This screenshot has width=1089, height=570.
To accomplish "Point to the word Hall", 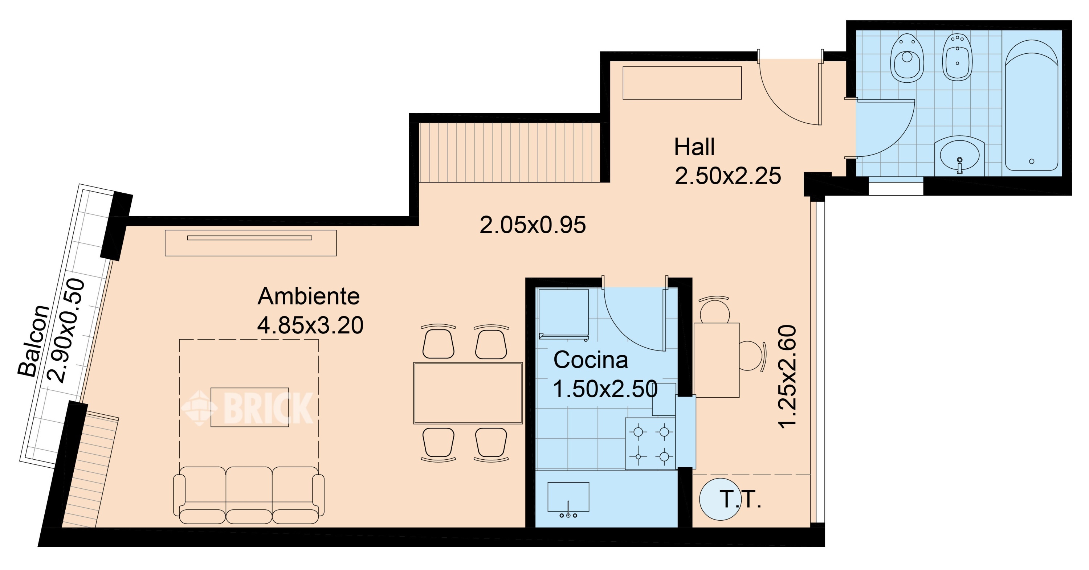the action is (x=694, y=147).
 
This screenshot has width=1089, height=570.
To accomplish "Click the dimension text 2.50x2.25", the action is (x=727, y=176).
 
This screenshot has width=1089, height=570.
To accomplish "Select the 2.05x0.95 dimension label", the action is (x=533, y=225).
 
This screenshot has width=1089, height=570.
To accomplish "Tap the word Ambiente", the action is (x=309, y=296).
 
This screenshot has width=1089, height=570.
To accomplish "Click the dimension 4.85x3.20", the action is (x=310, y=325).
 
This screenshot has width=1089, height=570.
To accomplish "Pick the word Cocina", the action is (x=591, y=360).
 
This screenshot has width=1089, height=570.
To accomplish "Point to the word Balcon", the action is (x=34, y=340).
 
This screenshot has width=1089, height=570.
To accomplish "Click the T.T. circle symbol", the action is (x=720, y=499).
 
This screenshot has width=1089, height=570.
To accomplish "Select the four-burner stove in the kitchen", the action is (x=650, y=444).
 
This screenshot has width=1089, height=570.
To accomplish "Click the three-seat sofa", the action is (x=249, y=495).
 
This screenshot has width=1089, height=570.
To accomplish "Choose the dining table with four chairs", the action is (x=468, y=393).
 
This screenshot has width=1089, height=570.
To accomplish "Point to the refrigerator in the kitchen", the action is (x=563, y=314).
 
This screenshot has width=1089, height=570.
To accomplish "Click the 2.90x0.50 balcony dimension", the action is (x=66, y=331).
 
